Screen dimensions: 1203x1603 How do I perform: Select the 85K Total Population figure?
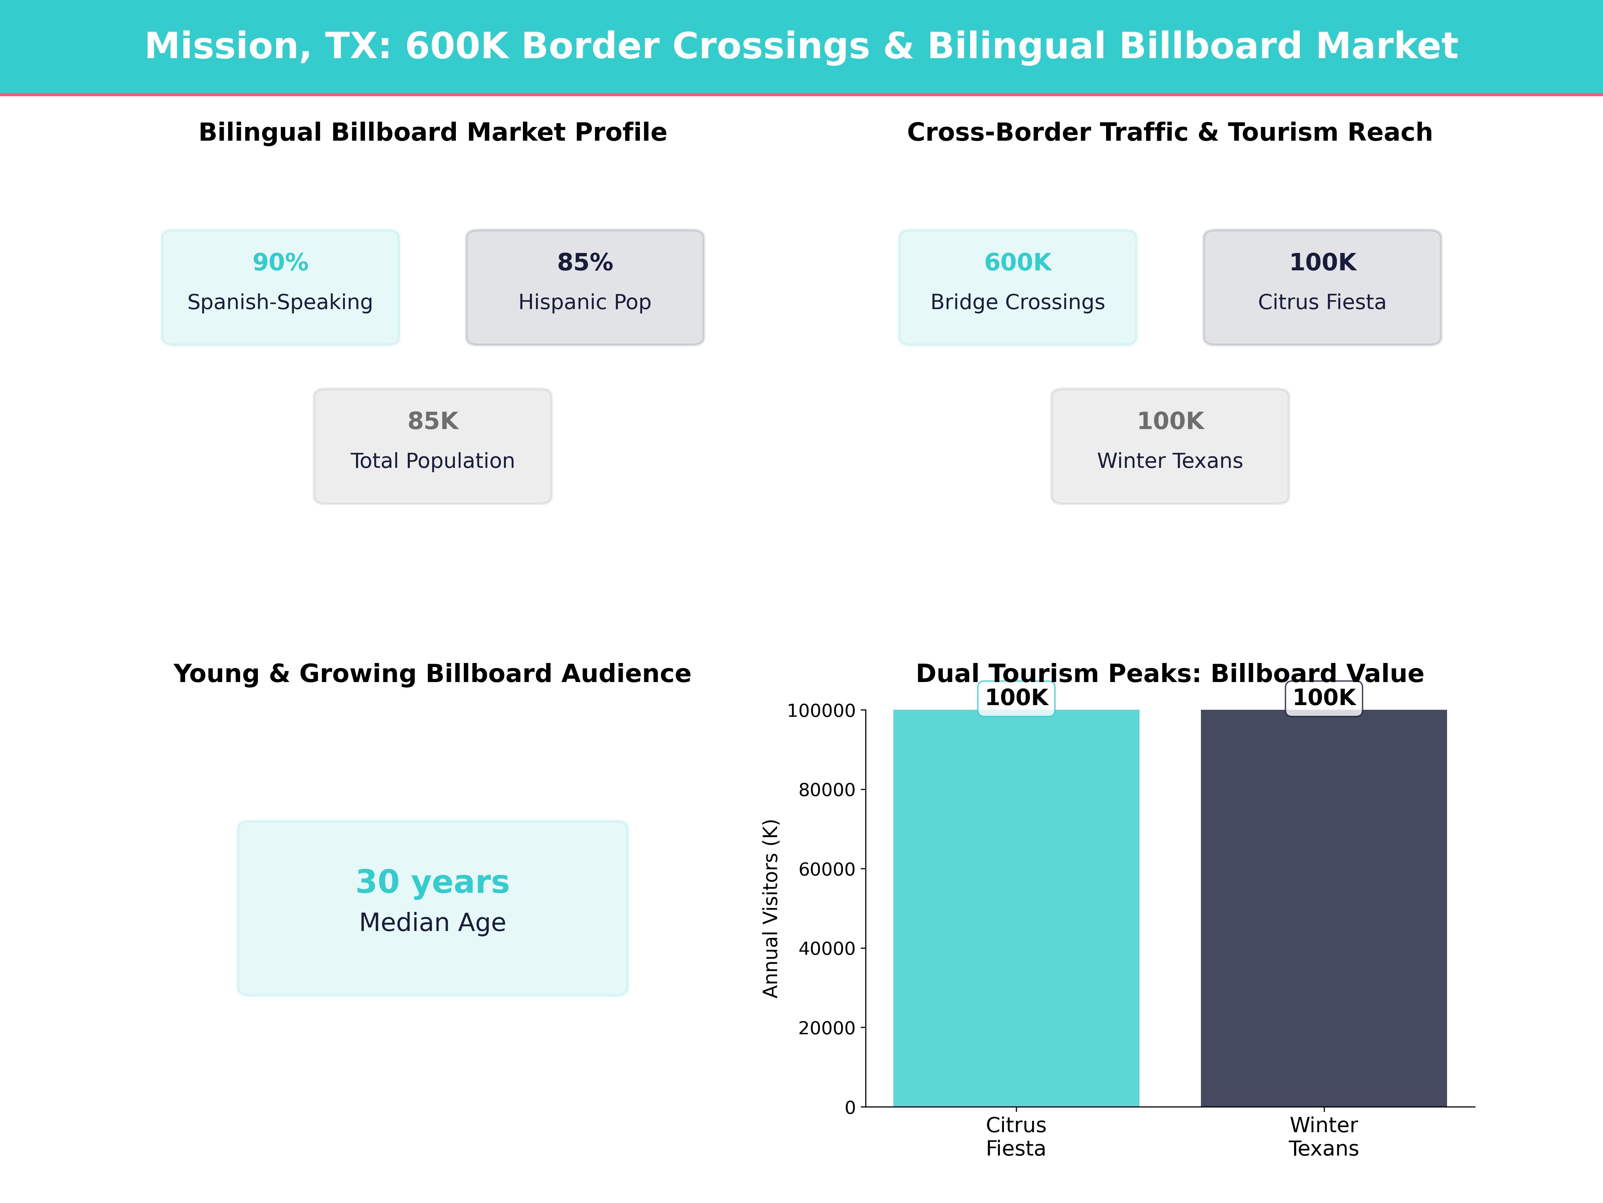[x=432, y=421]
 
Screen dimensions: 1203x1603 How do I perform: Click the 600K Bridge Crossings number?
[x=1018, y=263]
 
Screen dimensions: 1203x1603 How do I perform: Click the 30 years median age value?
[x=432, y=882]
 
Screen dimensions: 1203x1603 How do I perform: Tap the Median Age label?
[x=432, y=922]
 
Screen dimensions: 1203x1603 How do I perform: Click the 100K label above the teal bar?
[x=1016, y=698]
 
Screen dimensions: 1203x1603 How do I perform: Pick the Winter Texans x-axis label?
[x=1323, y=1136]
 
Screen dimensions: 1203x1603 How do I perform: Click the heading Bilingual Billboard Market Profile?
[x=432, y=133]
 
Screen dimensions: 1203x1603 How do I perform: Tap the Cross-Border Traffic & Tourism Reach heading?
[x=1170, y=133]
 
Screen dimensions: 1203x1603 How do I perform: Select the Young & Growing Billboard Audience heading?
[x=432, y=674]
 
